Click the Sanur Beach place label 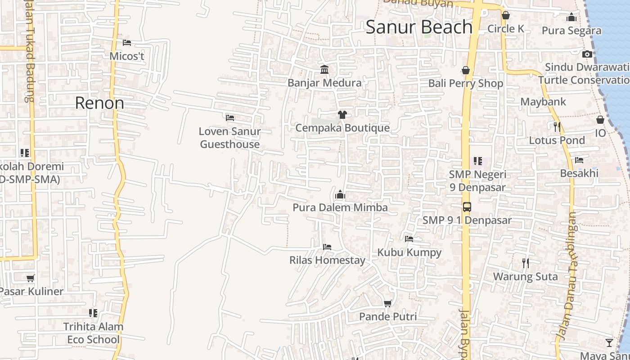point(419,27)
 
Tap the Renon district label point(99,103)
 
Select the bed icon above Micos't point(127,43)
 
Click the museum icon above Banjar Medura point(324,69)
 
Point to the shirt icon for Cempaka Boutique point(342,114)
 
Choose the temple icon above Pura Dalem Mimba point(340,194)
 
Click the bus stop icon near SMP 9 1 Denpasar point(467,207)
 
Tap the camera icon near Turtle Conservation point(587,54)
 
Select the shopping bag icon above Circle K point(506,16)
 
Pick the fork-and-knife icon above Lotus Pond point(557,127)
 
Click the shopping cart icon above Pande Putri point(388,303)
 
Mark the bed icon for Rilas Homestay point(327,247)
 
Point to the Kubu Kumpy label point(409,252)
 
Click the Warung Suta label point(526,276)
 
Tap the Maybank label point(543,102)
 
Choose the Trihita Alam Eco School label point(93,333)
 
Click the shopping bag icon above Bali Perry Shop point(466,71)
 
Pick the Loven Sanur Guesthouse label point(230,138)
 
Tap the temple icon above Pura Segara point(572,18)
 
